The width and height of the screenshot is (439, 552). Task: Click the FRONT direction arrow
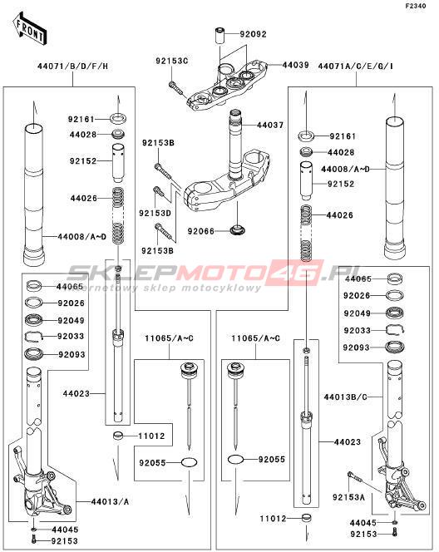click(x=30, y=28)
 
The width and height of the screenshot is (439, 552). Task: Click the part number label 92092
click(x=253, y=35)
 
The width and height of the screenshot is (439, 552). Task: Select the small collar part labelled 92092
click(x=219, y=36)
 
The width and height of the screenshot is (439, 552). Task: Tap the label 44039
click(x=295, y=65)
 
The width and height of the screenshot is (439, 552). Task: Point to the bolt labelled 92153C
click(x=177, y=89)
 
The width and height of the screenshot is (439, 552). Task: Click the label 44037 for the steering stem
click(x=270, y=125)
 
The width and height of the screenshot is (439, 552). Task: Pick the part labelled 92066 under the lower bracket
click(x=238, y=230)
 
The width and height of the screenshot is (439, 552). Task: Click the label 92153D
click(x=155, y=214)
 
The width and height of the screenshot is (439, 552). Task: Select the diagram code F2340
click(x=416, y=6)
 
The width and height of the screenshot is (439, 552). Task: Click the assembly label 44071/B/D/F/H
click(x=73, y=67)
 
